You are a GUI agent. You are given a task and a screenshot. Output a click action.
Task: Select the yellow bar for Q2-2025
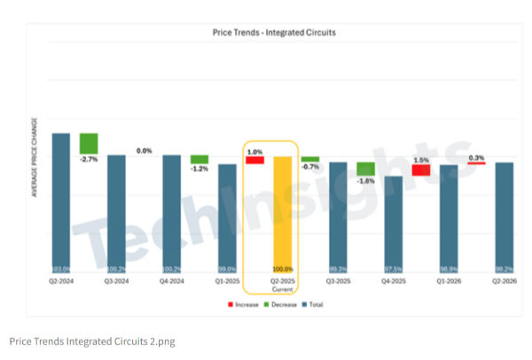[282, 213]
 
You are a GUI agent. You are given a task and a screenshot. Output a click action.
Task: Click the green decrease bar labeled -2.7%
[89, 143]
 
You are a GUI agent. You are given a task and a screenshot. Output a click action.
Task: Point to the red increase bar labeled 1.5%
[421, 169]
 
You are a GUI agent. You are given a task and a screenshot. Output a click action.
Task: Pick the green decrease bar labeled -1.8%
[365, 168]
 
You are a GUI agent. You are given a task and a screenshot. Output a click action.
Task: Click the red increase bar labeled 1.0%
[254, 160]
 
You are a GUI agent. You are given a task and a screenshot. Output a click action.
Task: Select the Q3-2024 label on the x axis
[116, 280]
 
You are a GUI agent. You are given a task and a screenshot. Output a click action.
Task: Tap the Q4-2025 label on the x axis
[393, 280]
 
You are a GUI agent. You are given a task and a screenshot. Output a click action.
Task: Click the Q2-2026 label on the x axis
[504, 280]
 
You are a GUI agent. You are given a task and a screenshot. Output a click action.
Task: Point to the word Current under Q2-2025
[283, 287]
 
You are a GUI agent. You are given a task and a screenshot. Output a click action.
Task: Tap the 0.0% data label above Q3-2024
[144, 151]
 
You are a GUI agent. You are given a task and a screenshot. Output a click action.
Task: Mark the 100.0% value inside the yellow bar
[283, 269]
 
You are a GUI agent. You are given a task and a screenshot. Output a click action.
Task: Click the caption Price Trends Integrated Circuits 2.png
[92, 341]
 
